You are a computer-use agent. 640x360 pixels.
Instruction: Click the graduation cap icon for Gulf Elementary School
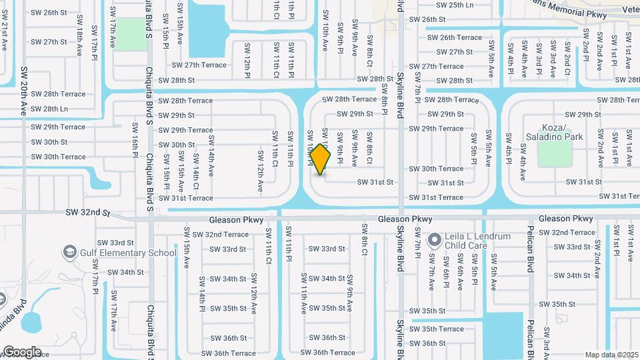pos(69,252)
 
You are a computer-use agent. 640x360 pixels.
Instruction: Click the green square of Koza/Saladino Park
pos(555,154)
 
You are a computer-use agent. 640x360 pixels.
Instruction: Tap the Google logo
pos(21,352)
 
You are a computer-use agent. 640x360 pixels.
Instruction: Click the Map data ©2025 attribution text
pos(611,355)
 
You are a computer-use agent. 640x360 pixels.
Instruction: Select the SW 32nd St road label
pos(87,212)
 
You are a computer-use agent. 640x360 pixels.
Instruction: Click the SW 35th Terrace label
pos(437,329)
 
